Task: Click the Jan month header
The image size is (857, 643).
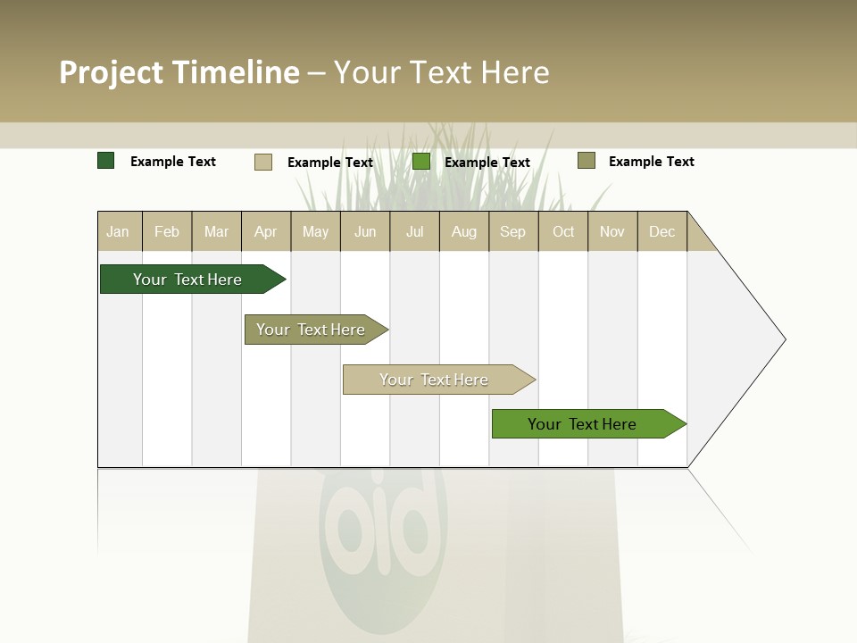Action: pyautogui.click(x=119, y=231)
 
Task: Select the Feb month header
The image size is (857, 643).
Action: pyautogui.click(x=167, y=231)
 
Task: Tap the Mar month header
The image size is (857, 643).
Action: pyautogui.click(x=216, y=231)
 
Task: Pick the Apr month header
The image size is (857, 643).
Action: pyautogui.click(x=266, y=231)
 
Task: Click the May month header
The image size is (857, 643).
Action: pyautogui.click(x=315, y=231)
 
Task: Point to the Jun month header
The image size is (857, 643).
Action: pyautogui.click(x=365, y=231)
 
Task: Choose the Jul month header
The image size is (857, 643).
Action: pyautogui.click(x=414, y=231)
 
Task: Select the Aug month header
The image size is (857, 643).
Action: pyautogui.click(x=464, y=231)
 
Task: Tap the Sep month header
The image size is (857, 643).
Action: pyautogui.click(x=513, y=231)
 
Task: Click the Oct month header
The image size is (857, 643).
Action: pyautogui.click(x=563, y=231)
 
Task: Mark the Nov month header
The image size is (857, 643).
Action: pyautogui.click(x=612, y=231)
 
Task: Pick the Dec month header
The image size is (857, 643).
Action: pyautogui.click(x=662, y=231)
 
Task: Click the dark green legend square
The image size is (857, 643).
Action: pyautogui.click(x=106, y=161)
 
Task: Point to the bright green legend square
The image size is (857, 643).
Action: pyautogui.click(x=421, y=162)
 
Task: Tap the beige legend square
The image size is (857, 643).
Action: pyautogui.click(x=263, y=162)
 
